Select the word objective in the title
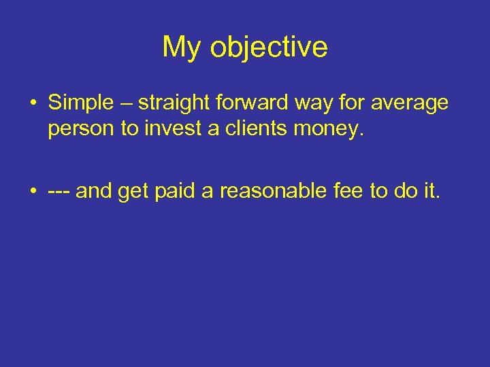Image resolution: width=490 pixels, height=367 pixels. [x=269, y=48]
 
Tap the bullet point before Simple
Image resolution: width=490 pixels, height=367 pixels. [x=33, y=104]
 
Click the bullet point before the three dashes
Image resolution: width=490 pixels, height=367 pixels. [x=33, y=193]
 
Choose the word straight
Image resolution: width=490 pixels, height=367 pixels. [x=170, y=104]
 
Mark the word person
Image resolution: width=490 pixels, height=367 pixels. [x=82, y=129]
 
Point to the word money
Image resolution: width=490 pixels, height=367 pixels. [x=327, y=129]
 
